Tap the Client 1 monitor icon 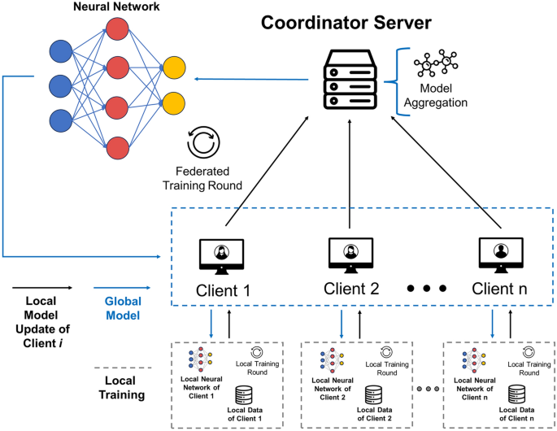click(x=220, y=255)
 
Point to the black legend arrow click(x=41, y=288)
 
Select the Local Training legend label click(x=121, y=387)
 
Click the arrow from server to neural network click(x=252, y=79)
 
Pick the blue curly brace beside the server click(x=398, y=80)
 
